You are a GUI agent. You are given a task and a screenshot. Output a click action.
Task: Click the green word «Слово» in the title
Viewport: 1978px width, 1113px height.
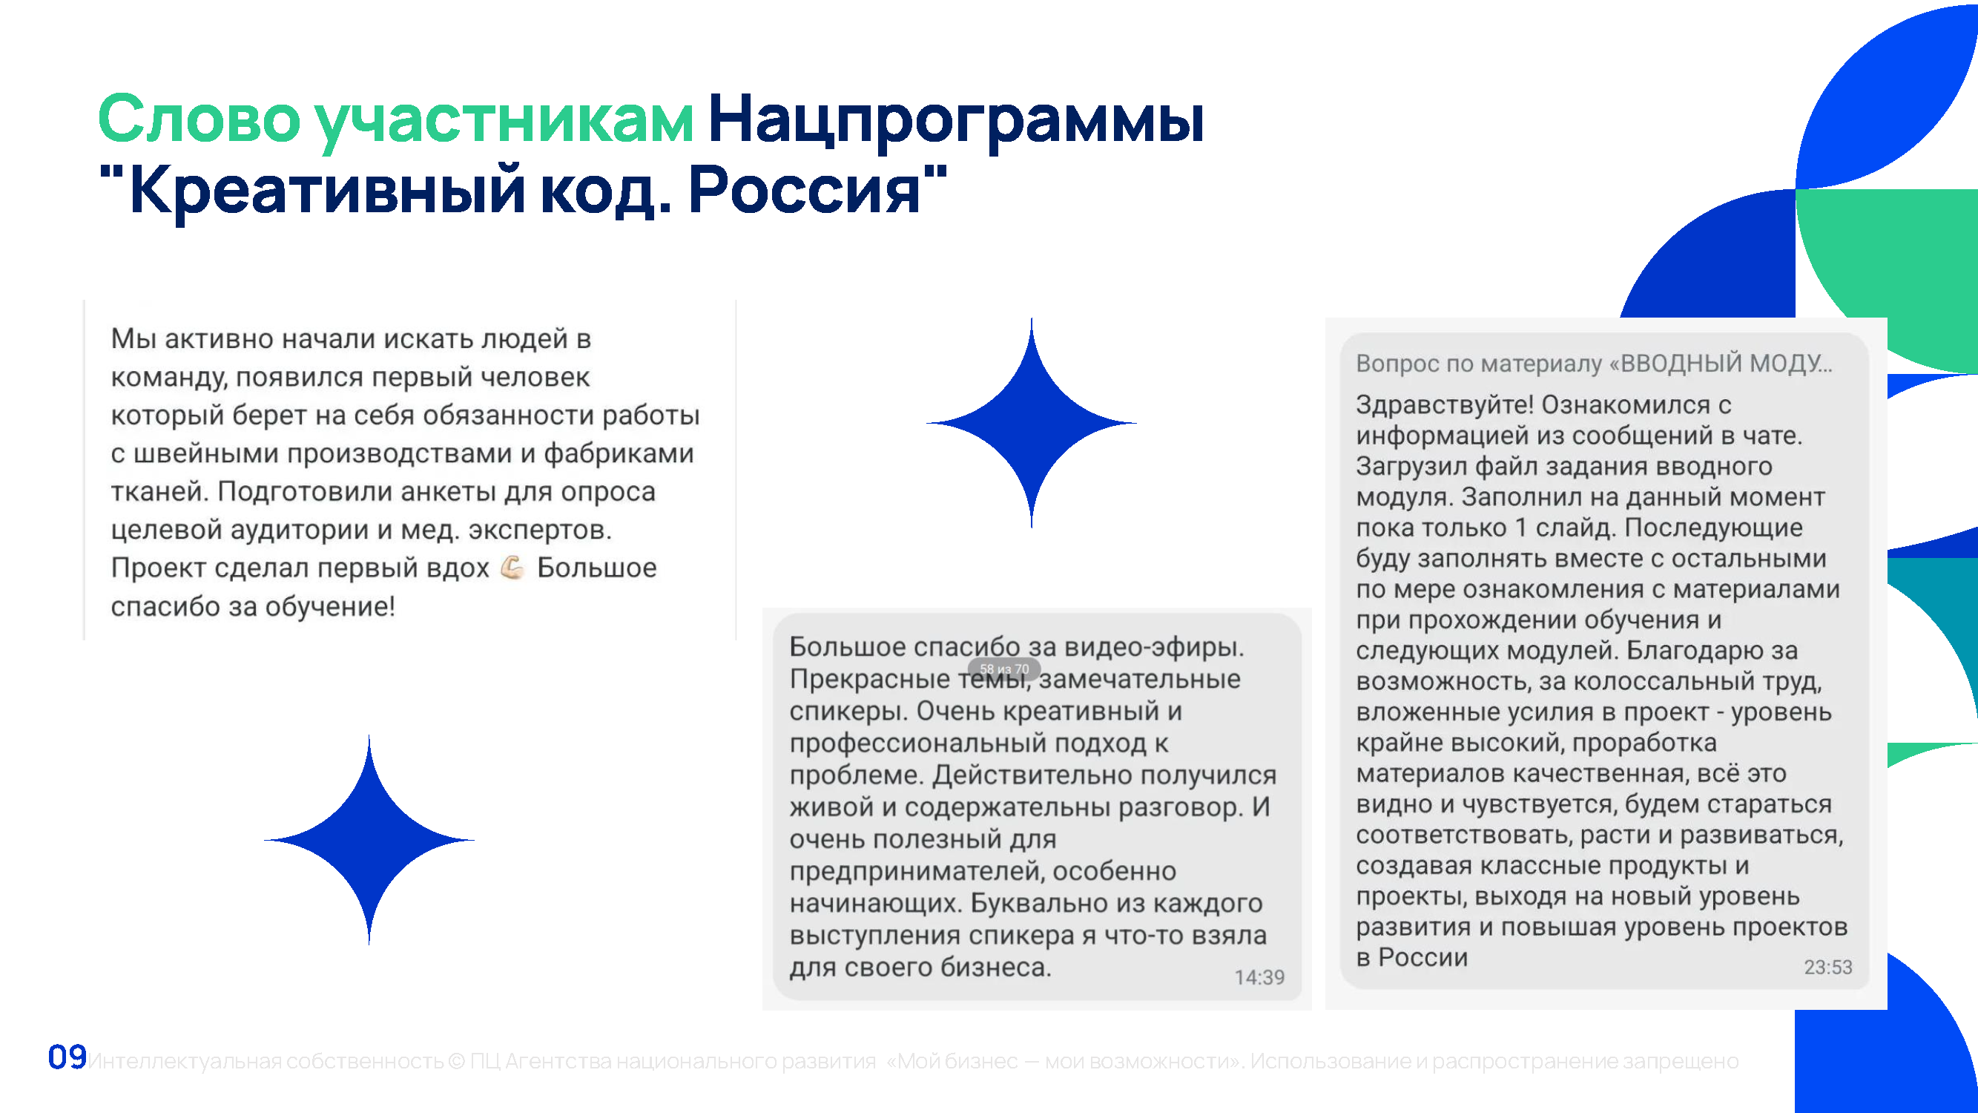tap(199, 119)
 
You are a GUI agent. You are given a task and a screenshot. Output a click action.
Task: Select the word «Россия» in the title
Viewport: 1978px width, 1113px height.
tap(804, 191)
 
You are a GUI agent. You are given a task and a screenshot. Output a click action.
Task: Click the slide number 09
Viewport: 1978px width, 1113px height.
tap(67, 1057)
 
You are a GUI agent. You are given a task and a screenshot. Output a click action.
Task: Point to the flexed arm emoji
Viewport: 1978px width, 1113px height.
tap(512, 568)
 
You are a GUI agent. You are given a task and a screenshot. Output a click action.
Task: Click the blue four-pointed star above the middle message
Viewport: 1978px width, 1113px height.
tap(1031, 423)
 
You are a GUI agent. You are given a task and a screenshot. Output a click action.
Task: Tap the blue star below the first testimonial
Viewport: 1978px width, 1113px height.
tap(369, 839)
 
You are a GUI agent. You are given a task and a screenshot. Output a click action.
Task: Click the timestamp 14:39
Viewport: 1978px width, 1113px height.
tap(1259, 977)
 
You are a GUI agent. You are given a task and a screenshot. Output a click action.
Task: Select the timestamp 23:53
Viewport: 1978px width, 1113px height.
tap(1827, 967)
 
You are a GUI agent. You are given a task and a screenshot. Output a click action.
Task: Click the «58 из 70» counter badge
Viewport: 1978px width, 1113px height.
tap(1003, 669)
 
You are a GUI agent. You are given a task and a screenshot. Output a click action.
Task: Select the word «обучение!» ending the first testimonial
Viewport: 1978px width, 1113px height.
tap(330, 607)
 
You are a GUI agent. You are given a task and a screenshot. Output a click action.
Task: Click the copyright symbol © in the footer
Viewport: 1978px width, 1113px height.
tap(456, 1061)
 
